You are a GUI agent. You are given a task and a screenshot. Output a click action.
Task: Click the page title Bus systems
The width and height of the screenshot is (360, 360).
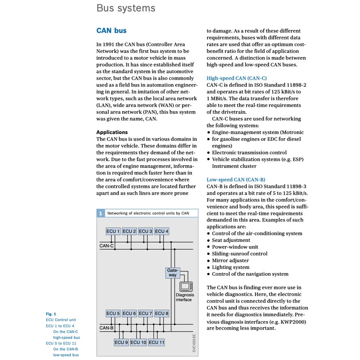(125, 8)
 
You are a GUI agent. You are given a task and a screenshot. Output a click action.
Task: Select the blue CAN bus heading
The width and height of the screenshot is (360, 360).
(111, 31)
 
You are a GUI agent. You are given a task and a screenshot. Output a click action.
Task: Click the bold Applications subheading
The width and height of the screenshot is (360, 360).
(112, 132)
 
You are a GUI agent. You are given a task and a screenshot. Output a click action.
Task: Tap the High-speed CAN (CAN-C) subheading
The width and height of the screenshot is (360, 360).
(237, 78)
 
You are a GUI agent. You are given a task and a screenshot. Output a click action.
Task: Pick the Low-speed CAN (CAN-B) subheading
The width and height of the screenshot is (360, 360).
(236, 180)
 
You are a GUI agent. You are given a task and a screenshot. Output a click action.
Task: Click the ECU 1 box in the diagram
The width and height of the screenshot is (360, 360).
(113, 231)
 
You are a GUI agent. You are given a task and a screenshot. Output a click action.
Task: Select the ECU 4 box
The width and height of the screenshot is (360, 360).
(162, 231)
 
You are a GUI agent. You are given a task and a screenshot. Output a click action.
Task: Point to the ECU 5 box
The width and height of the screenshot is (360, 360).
(113, 313)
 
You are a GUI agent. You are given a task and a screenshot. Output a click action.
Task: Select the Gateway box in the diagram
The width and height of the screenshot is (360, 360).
(172, 273)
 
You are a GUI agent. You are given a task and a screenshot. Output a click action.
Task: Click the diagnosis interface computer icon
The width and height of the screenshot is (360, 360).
(186, 286)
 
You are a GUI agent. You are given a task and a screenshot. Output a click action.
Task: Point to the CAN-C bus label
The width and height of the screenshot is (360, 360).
(107, 246)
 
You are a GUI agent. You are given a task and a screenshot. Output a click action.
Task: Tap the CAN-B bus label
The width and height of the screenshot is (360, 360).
(107, 328)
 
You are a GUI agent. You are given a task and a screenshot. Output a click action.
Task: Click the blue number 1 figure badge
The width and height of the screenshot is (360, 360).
(100, 213)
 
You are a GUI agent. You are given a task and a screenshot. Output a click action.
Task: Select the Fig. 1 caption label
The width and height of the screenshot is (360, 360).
(51, 314)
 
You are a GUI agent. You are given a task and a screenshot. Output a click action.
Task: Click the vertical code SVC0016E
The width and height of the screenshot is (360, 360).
(194, 343)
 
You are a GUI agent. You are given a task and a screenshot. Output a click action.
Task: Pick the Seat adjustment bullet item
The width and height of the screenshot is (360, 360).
(231, 240)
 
